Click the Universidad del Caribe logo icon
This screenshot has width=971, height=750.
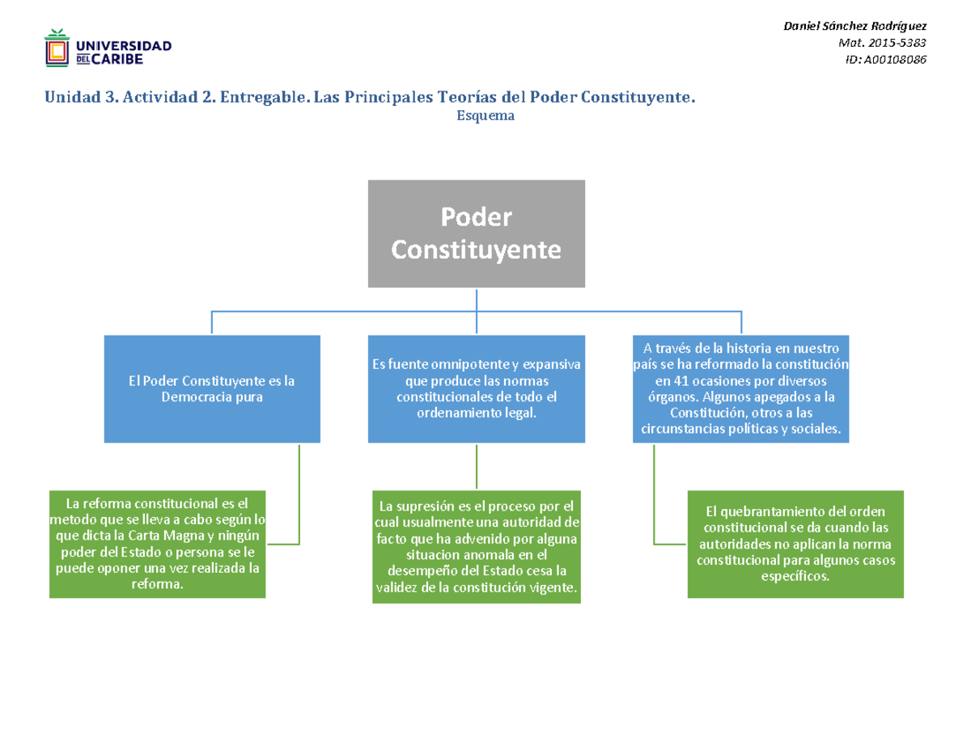(56, 49)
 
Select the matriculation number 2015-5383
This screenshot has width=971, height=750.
(901, 43)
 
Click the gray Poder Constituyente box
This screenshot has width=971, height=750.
(477, 234)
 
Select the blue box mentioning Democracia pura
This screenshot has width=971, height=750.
(211, 389)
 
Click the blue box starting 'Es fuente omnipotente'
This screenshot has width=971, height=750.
(477, 389)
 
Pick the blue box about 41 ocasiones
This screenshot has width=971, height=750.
(741, 389)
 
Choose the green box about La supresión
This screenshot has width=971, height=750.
(477, 547)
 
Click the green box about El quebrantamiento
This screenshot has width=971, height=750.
(795, 544)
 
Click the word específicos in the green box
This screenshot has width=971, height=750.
(795, 577)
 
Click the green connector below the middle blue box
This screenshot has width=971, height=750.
(477, 467)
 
